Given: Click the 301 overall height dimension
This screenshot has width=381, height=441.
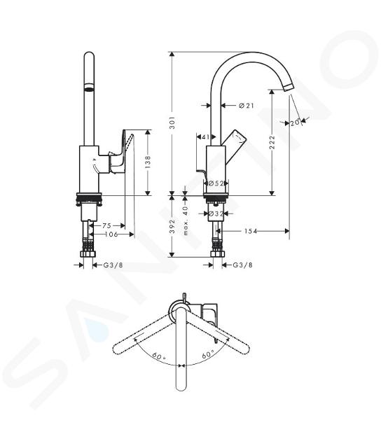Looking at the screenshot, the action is click(172, 122).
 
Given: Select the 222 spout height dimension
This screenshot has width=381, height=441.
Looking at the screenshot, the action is click(272, 142).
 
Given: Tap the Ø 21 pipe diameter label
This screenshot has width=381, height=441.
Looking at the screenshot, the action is click(247, 106).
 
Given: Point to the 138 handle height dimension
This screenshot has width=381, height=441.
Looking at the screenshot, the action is click(148, 162).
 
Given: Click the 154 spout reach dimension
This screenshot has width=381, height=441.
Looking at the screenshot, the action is click(251, 231).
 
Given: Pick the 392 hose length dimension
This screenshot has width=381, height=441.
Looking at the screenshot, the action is click(172, 226).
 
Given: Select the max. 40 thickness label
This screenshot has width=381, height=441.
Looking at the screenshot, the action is click(185, 220).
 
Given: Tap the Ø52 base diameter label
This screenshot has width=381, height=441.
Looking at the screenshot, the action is click(216, 183).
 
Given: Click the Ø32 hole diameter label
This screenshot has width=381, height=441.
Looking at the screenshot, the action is click(216, 213).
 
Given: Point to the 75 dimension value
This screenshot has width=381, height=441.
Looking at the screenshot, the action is click(106, 225).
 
